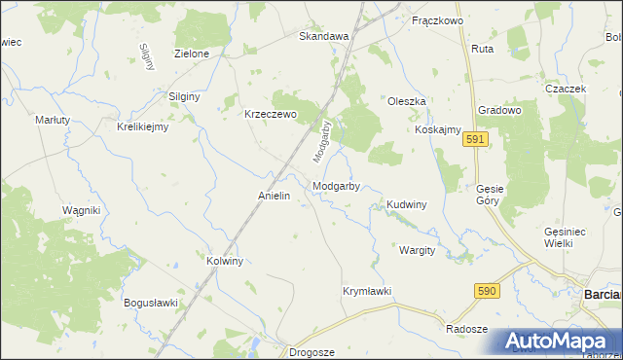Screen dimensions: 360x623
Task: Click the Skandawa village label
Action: (323, 36)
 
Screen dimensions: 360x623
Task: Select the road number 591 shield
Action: (474, 140)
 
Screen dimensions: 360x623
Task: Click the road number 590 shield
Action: (488, 290)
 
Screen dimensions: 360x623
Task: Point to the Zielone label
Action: (191, 54)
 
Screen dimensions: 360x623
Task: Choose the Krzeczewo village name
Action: (270, 113)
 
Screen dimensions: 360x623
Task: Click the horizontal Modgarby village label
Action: (337, 186)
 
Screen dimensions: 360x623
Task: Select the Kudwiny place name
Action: (407, 205)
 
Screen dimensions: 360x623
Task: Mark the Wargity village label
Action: (417, 250)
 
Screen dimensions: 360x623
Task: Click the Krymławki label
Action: (367, 291)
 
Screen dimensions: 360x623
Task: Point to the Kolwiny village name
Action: (225, 261)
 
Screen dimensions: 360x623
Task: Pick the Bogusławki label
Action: (151, 303)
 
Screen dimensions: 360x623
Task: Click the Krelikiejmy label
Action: (143, 126)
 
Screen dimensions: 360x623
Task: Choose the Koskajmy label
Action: (437, 130)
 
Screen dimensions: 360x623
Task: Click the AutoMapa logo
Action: (561, 342)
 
